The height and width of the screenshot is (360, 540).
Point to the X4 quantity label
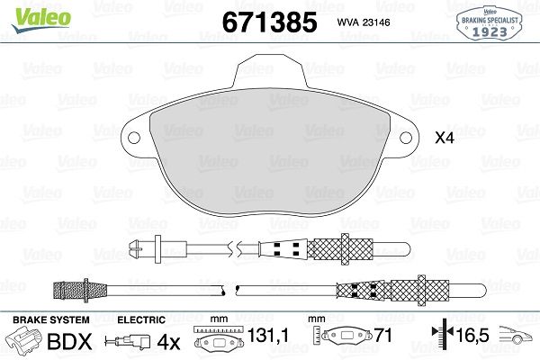445,139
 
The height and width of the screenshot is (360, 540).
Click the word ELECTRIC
142,319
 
